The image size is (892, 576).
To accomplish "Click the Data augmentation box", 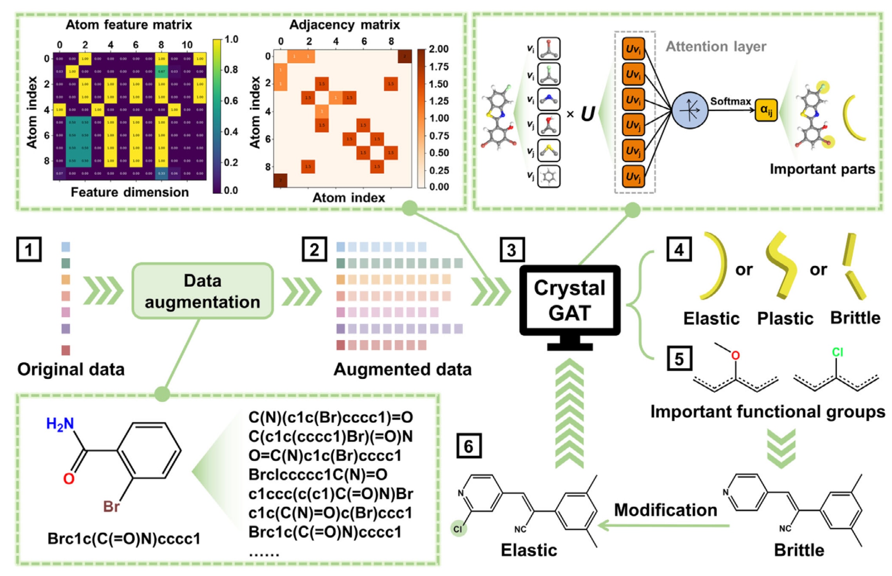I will click(x=202, y=291).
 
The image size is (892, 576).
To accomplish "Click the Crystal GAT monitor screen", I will click(x=569, y=301).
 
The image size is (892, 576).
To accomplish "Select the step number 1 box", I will click(x=29, y=249).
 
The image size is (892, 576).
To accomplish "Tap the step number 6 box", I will click(x=469, y=446).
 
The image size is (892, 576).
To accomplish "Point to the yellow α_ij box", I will click(x=766, y=110).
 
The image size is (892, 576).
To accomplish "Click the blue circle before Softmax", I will click(x=689, y=110).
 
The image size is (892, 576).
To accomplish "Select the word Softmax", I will click(x=730, y=101).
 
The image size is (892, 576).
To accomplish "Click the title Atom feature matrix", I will click(x=129, y=25).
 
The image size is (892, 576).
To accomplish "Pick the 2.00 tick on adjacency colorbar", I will click(x=439, y=49).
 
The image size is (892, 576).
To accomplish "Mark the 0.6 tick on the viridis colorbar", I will click(x=231, y=101).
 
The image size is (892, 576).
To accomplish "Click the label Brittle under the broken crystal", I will click(x=855, y=318).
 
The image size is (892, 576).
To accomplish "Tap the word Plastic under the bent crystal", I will click(x=785, y=318).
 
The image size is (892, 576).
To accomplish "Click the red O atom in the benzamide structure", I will click(x=69, y=478).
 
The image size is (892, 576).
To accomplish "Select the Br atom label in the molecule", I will click(x=111, y=507).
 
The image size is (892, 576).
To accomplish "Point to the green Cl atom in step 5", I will click(x=837, y=352).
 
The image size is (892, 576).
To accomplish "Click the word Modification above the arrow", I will click(x=665, y=510).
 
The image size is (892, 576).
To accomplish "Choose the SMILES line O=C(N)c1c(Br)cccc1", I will click(x=325, y=456).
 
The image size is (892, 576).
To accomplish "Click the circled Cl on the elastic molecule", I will click(x=458, y=529).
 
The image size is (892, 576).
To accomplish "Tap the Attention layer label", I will click(x=716, y=47).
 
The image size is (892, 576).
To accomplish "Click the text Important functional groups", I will click(x=767, y=412).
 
